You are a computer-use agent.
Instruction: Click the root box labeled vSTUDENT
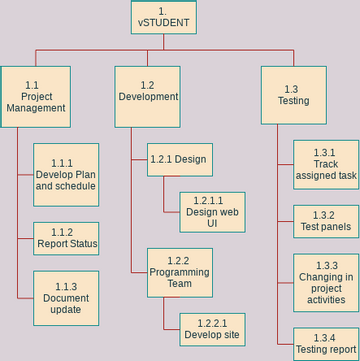pyautogui.click(x=163, y=16)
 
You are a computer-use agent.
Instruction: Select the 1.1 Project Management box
pyautogui.click(x=36, y=96)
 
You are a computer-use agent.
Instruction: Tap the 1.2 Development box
pyautogui.click(x=148, y=96)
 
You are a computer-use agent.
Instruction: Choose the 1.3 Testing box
pyautogui.click(x=294, y=95)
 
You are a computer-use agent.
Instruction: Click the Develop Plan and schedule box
pyautogui.click(x=66, y=175)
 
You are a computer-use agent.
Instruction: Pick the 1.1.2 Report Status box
pyautogui.click(x=66, y=238)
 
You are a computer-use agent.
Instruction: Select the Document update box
pyautogui.click(x=66, y=297)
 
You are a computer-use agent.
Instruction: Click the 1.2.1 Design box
pyautogui.click(x=180, y=160)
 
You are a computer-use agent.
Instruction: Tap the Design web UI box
pyautogui.click(x=212, y=211)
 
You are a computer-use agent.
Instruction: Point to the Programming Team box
pyautogui.click(x=180, y=272)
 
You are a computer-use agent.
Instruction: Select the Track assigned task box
pyautogui.click(x=326, y=164)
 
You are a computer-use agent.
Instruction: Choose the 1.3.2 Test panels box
pyautogui.click(x=326, y=221)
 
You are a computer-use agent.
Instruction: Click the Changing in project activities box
pyautogui.click(x=326, y=281)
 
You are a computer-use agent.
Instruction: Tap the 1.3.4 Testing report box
pyautogui.click(x=326, y=344)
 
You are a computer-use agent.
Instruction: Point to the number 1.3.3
pyautogui.click(x=326, y=263)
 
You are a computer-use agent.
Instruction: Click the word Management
pyautogui.click(x=36, y=108)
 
